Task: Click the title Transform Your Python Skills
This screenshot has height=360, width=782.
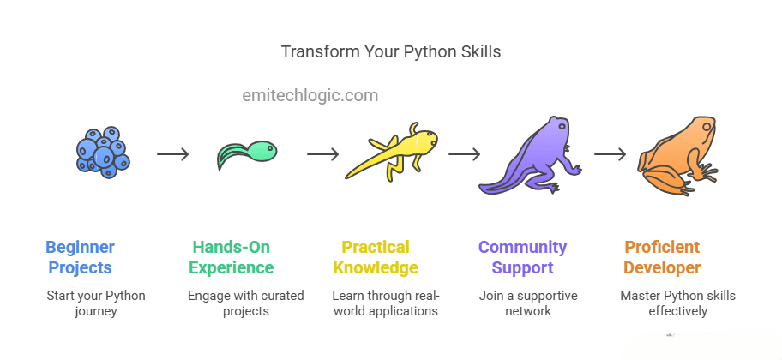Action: pyautogui.click(x=390, y=51)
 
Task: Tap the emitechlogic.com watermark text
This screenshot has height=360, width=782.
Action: pyautogui.click(x=310, y=95)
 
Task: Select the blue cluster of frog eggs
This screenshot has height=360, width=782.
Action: pyautogui.click(x=103, y=152)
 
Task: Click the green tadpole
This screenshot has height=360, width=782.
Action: pyautogui.click(x=247, y=154)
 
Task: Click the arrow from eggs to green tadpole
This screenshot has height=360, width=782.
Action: pyautogui.click(x=173, y=154)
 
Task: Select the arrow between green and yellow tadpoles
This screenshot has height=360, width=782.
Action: pyautogui.click(x=322, y=154)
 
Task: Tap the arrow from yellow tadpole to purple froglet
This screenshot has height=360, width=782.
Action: pyautogui.click(x=465, y=154)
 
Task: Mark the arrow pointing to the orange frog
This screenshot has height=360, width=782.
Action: pyautogui.click(x=610, y=154)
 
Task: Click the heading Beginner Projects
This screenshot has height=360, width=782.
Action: pyautogui.click(x=81, y=257)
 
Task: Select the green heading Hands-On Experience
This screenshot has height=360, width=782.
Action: pyautogui.click(x=232, y=257)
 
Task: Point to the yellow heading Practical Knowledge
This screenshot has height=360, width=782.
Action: pyautogui.click(x=376, y=257)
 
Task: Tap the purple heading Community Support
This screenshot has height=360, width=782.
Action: pyautogui.click(x=523, y=257)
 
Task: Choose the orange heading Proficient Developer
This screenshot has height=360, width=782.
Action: pyautogui.click(x=662, y=257)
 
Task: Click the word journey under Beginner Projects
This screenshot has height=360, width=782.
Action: pyautogui.click(x=96, y=312)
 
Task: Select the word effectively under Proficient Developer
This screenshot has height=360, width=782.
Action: pyautogui.click(x=677, y=312)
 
